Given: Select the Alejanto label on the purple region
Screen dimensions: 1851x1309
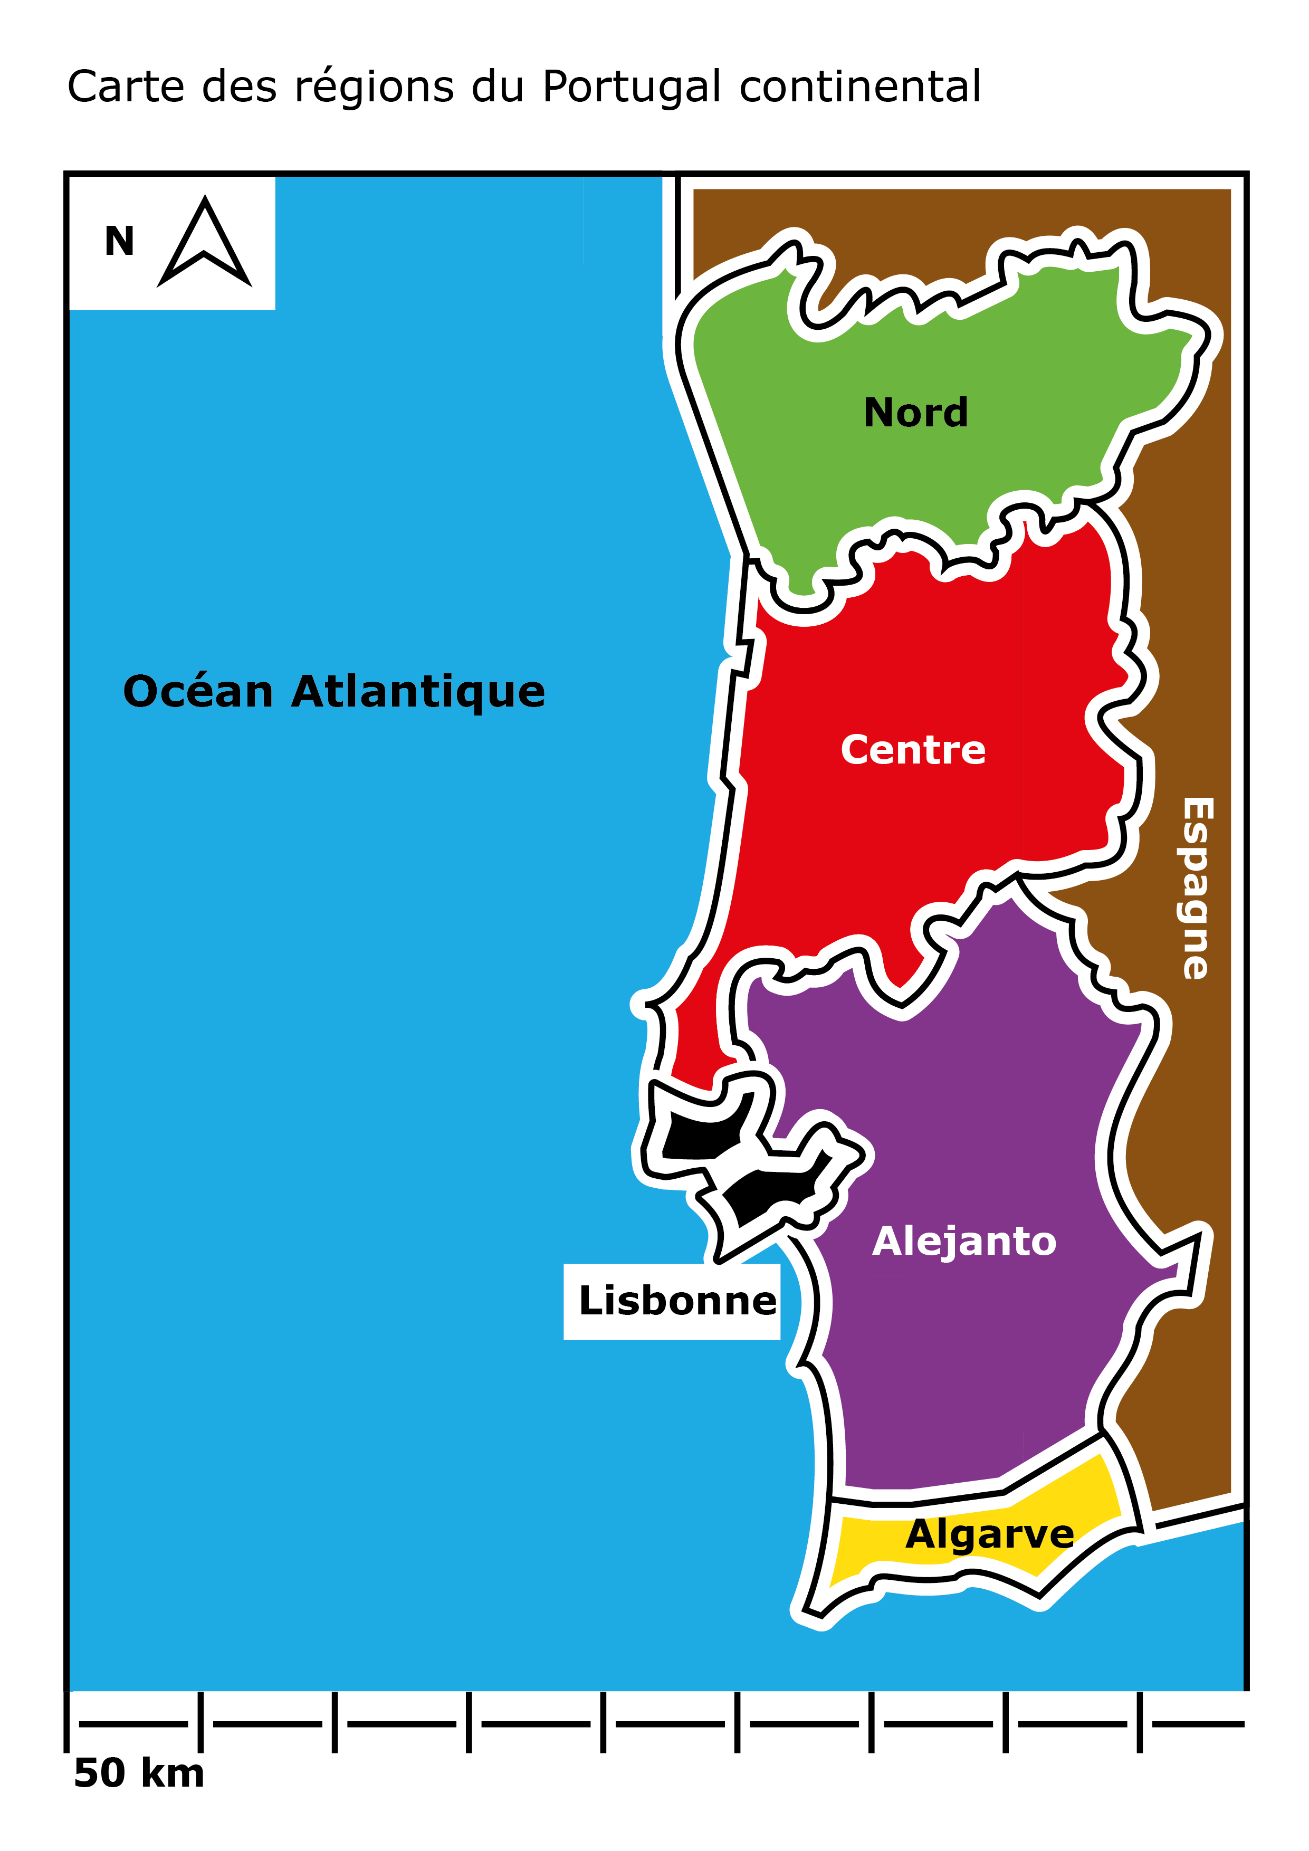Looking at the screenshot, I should click(963, 1242).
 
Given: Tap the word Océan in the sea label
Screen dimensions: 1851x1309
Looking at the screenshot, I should click(197, 692).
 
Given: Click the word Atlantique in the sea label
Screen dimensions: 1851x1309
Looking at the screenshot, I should click(417, 692).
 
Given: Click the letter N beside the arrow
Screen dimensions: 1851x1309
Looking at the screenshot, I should click(119, 242).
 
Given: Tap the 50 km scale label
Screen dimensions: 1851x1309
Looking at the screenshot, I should click(139, 1773).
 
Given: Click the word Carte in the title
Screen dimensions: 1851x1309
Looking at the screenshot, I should click(126, 87).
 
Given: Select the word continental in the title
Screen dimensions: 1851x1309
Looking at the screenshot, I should click(859, 87).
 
